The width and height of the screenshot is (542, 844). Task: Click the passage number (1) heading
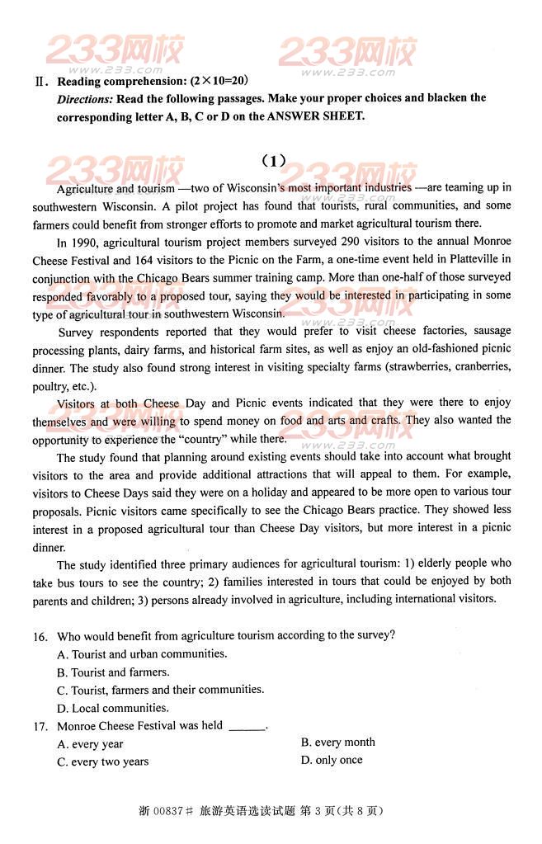[272, 160]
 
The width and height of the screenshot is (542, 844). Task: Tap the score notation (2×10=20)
[219, 81]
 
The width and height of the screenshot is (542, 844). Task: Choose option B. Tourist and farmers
[113, 672]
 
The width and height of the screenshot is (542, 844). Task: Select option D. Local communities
[113, 708]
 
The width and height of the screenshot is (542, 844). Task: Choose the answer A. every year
[90, 744]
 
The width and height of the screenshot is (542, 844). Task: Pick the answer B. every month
[338, 743]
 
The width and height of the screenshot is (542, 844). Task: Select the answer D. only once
[332, 760]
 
